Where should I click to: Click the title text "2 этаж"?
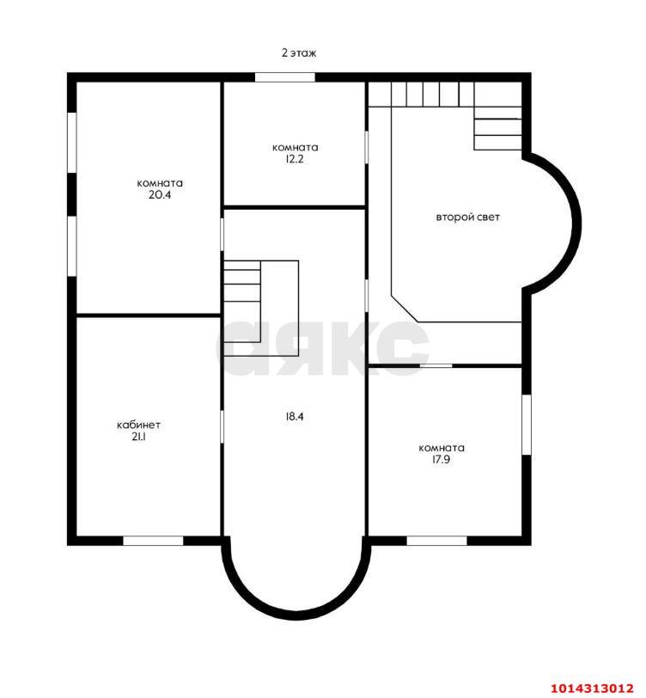[299, 52]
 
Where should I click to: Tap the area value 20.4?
[160, 194]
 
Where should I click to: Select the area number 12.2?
[295, 159]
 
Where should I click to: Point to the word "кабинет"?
[138, 425]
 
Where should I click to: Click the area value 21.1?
[138, 437]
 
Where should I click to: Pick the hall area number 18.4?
[295, 417]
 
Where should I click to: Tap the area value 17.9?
[441, 459]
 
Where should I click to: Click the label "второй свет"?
[467, 217]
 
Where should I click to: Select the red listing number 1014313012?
[592, 689]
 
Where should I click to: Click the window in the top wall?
[284, 77]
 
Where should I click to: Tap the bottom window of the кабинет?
[153, 541]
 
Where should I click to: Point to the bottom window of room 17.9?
[437, 541]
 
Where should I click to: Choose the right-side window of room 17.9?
[527, 425]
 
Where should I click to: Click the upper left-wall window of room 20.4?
[72, 142]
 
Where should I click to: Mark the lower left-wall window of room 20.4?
[72, 246]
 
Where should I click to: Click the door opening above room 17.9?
[436, 365]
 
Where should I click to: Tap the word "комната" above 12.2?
[295, 147]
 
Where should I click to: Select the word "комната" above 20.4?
[160, 183]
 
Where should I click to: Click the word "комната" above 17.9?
[442, 448]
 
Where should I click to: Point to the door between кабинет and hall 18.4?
[222, 426]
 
